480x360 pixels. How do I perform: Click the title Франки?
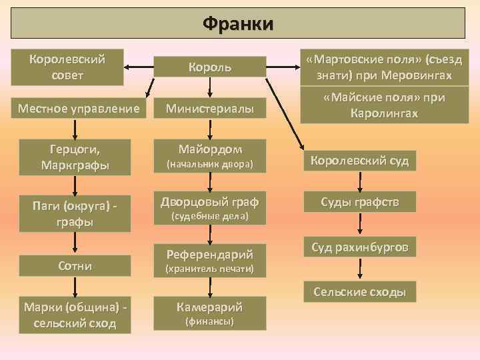tap(238, 24)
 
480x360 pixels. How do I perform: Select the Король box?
tap(210, 67)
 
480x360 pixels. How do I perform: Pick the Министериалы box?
tap(210, 107)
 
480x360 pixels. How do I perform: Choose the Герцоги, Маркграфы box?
tap(75, 154)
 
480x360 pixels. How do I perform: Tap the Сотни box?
tap(75, 266)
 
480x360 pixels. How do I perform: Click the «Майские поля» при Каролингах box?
tap(384, 105)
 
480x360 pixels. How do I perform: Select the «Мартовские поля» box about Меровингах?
tap(384, 67)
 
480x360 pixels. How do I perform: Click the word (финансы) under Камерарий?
tap(210, 322)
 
